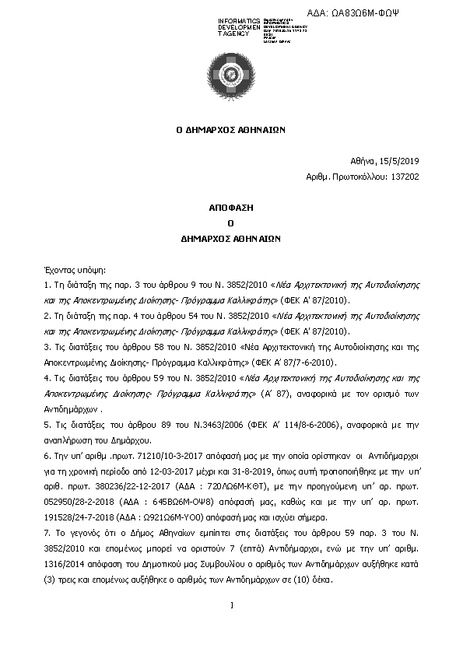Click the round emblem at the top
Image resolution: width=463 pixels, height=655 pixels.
point(231,75)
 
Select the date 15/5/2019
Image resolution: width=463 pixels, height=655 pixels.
point(401,161)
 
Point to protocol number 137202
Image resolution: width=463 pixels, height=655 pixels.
point(406,177)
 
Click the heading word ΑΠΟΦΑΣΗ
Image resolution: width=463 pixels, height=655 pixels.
point(230,209)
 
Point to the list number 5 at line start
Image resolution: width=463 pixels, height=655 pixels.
point(47,425)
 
